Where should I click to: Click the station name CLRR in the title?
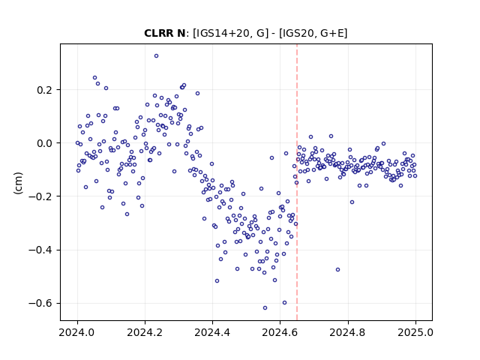pyautogui.click(x=159, y=33)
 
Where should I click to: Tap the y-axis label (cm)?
pyautogui.click(x=18, y=183)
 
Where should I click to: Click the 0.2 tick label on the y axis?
pyautogui.click(x=45, y=90)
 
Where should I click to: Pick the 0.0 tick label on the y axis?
pyautogui.click(x=45, y=143)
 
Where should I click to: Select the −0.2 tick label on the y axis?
pyautogui.click(x=41, y=196)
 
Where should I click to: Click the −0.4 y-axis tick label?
pyautogui.click(x=41, y=250)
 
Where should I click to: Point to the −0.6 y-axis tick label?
pyautogui.click(x=41, y=303)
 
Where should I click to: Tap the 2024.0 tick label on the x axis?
pyautogui.click(x=77, y=332)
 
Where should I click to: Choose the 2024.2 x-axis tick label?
pyautogui.click(x=145, y=332)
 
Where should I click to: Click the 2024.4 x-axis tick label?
pyautogui.click(x=212, y=332)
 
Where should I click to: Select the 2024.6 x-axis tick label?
pyautogui.click(x=280, y=332)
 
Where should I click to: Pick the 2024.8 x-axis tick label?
pyautogui.click(x=348, y=332)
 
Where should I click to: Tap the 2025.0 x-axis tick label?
pyautogui.click(x=415, y=332)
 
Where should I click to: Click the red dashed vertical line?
pyautogui.click(x=297, y=182)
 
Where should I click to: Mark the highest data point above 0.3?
pyautogui.click(x=156, y=56)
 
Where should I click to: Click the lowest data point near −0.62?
pyautogui.click(x=265, y=308)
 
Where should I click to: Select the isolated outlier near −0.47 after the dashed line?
pyautogui.click(x=337, y=270)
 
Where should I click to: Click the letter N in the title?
pyautogui.click(x=181, y=33)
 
